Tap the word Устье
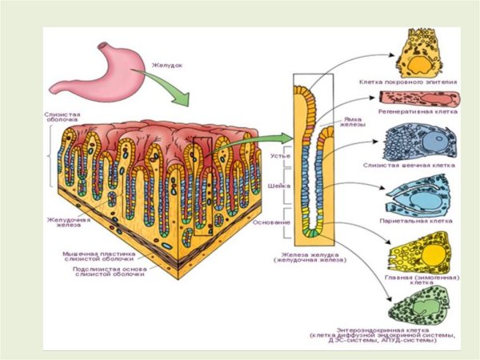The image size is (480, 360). coord(279,156)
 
